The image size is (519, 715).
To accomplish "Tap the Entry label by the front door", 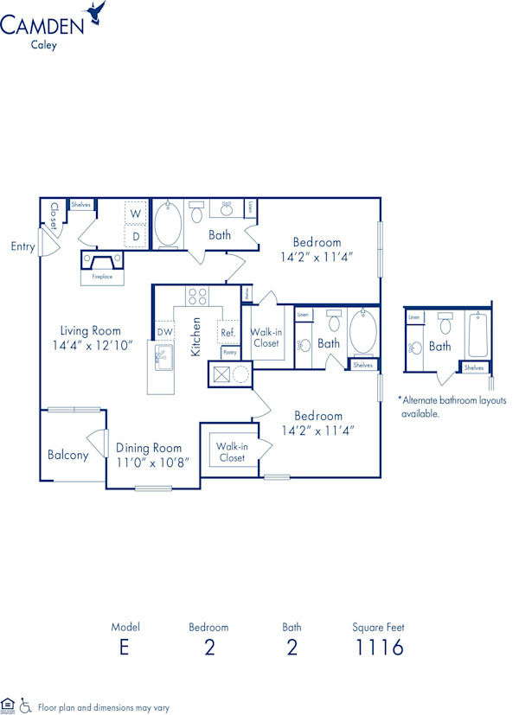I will tap(22, 246).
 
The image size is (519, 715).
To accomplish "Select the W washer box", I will tap(136, 213).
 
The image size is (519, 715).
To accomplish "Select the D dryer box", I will tap(136, 236).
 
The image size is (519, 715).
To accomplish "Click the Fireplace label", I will tap(103, 278).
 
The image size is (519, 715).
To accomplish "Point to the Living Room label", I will tap(90, 330).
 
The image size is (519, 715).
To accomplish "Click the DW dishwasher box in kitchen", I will tap(164, 332).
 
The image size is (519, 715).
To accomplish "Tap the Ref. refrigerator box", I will tap(228, 332).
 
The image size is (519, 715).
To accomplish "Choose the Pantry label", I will tap(229, 353).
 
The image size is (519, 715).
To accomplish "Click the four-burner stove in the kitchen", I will tap(197, 297).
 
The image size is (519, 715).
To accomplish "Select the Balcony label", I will tap(67, 455).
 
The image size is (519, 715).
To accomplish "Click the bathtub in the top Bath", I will tap(168, 225).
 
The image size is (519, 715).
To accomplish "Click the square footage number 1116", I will tap(378, 647).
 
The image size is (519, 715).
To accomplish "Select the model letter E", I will tap(125, 647).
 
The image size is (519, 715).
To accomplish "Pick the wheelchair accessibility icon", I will tap(25, 706).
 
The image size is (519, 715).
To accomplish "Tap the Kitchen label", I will tap(196, 337).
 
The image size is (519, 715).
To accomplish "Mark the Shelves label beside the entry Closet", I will tap(80, 205).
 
